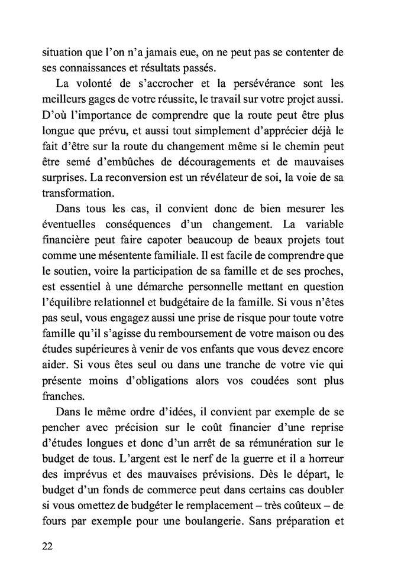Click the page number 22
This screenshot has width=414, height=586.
click(x=48, y=545)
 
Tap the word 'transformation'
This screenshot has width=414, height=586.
click(x=76, y=193)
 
